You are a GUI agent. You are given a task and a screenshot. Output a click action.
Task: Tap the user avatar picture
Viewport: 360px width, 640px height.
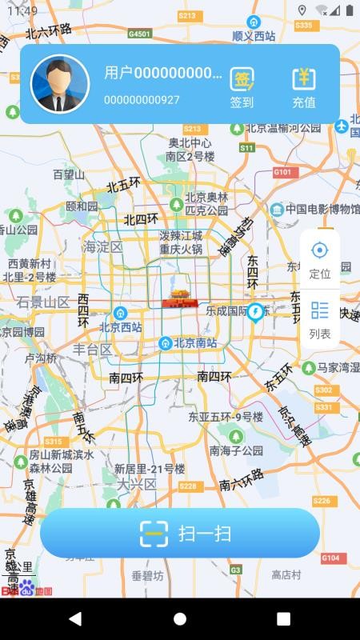coord(60,84)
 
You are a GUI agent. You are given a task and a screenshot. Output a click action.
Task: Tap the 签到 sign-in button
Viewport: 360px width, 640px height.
coord(242,86)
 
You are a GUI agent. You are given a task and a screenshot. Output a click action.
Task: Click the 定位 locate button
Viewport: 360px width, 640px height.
coord(320,258)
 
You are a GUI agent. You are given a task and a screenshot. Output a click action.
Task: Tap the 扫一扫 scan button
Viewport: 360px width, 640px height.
coord(180,533)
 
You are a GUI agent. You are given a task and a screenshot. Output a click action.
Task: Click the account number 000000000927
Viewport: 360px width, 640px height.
coord(142,100)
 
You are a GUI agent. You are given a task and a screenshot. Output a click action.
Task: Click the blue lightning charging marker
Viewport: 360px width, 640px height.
coord(256,310)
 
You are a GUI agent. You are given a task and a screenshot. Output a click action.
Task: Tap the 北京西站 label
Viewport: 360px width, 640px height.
coord(120,327)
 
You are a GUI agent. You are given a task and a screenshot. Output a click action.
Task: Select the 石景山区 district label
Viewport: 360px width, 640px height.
coord(43,302)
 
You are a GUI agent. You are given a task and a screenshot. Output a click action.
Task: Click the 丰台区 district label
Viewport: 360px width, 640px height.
coord(93,350)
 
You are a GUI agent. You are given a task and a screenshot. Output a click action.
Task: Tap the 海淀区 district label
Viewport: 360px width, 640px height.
coord(103,246)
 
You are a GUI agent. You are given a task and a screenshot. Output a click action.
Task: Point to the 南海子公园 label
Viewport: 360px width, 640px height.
coord(236,450)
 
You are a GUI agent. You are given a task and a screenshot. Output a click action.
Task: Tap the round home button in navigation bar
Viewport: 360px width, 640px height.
coord(180,619)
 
